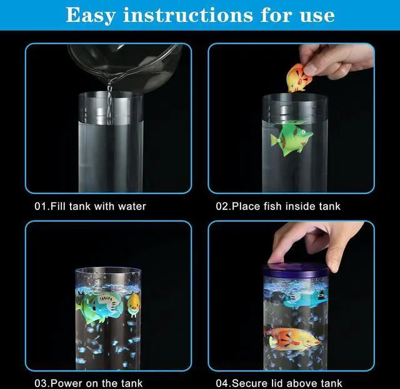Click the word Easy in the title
tap(91, 15)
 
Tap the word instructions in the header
tap(188, 15)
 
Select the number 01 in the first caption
tap(41, 206)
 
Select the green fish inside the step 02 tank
tap(291, 138)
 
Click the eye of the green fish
tap(302, 132)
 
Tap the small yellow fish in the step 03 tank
tap(134, 304)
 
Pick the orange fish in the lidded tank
tap(292, 339)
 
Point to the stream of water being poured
tap(110, 103)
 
